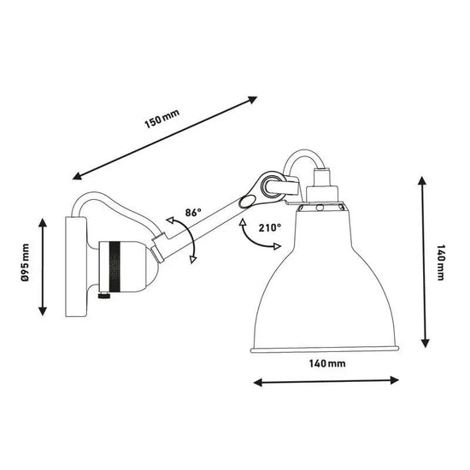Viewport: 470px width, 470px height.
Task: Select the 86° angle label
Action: (192, 213)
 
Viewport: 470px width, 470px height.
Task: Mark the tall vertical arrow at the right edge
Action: (422, 261)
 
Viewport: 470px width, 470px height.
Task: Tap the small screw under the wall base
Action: (104, 297)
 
